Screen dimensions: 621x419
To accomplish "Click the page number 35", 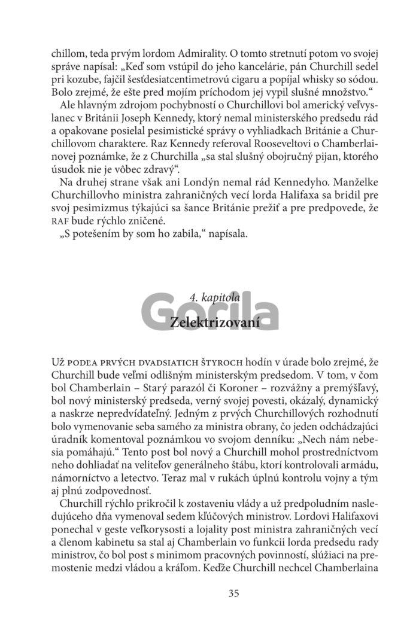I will (x=233, y=593).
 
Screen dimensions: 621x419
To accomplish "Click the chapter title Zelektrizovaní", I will (x=214, y=321).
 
